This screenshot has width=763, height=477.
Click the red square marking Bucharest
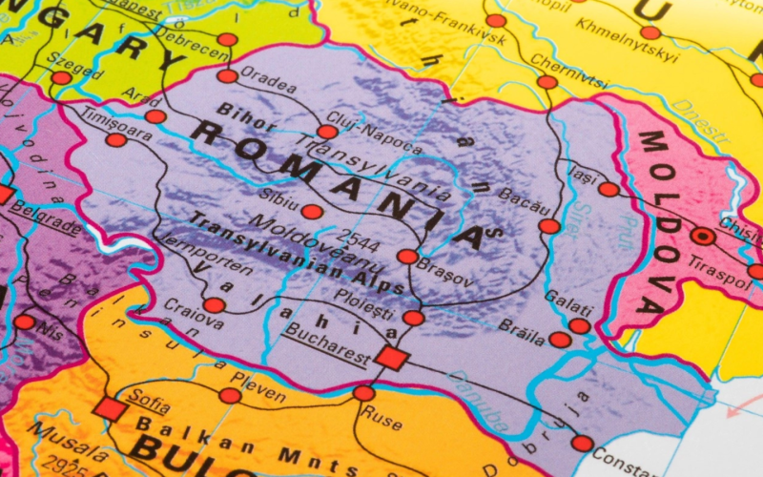click(391, 358)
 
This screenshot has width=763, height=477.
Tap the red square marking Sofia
click(110, 409)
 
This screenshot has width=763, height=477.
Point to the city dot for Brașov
click(407, 257)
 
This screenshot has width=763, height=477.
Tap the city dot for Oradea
click(227, 76)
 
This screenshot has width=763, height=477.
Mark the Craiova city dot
click(215, 305)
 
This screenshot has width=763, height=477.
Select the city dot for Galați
click(580, 325)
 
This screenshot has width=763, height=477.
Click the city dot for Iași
click(608, 189)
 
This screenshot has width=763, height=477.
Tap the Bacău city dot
click(549, 226)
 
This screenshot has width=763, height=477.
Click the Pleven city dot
click(230, 395)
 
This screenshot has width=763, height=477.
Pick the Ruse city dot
click(363, 393)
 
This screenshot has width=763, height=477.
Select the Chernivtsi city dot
click(546, 82)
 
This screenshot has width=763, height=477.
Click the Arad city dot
click(155, 116)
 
